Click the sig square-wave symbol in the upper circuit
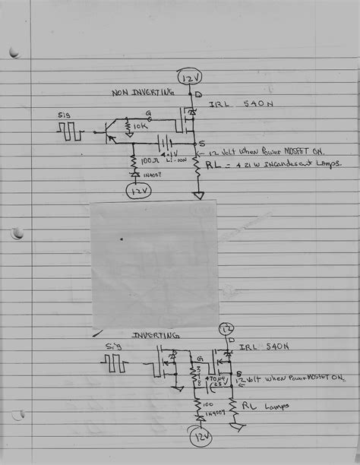pyautogui.click(x=70, y=131)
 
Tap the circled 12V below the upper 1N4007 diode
pyautogui.click(x=137, y=191)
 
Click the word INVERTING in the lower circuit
pyautogui.click(x=156, y=335)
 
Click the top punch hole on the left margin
pyautogui.click(x=13, y=52)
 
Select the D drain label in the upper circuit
pyautogui.click(x=198, y=94)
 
